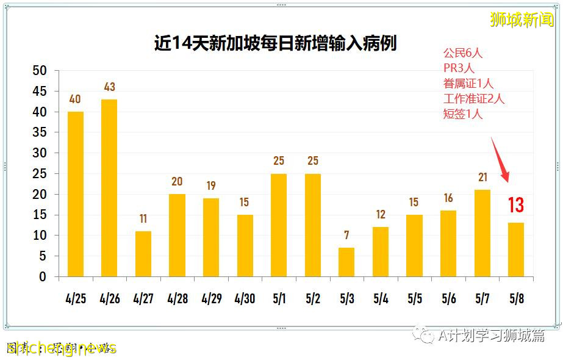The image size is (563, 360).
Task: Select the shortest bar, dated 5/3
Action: (x=346, y=262)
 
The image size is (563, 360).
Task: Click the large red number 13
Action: (x=516, y=205)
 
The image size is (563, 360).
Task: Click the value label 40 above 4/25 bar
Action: (x=75, y=99)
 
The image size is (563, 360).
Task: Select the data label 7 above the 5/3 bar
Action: (x=346, y=236)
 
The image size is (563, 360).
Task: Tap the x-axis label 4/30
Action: (x=245, y=299)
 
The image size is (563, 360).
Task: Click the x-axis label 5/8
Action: (x=516, y=299)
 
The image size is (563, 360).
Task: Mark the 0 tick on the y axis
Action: (x=42, y=277)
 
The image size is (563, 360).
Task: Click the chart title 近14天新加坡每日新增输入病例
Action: (x=275, y=43)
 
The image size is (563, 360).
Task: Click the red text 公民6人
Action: (x=462, y=53)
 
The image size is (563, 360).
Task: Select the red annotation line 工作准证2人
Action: (x=474, y=99)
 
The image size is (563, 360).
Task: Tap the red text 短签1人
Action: (x=462, y=114)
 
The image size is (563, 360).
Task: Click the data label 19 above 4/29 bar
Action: (x=211, y=186)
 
